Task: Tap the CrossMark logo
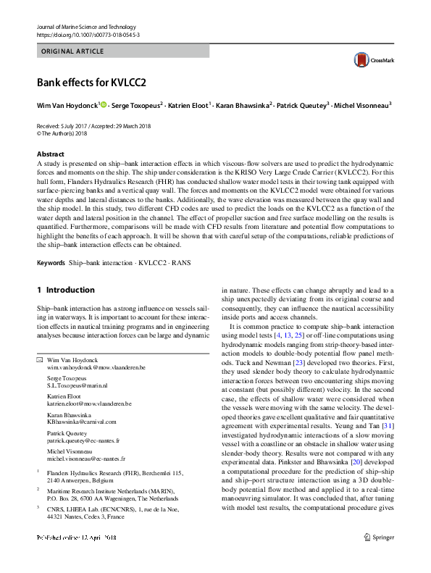[365, 60]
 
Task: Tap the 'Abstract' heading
[51, 154]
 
